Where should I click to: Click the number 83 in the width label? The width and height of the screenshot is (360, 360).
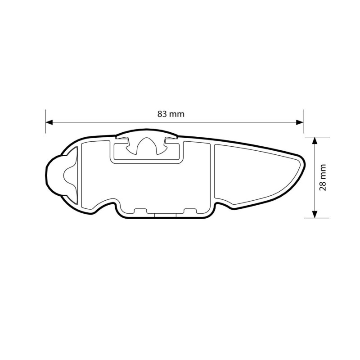[x=163, y=114]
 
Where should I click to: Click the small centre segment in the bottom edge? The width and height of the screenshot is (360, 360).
[x=165, y=215]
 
